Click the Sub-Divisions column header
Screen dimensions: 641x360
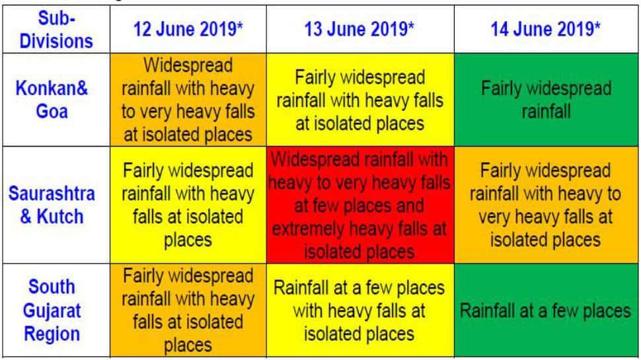(56, 30)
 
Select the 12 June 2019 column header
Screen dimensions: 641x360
(188, 30)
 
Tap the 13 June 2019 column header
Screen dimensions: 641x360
(359, 30)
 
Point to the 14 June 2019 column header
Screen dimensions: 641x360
(546, 30)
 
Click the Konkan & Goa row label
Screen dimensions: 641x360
(52, 100)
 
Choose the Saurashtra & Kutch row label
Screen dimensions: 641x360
(52, 205)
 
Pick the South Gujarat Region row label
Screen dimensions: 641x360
(52, 310)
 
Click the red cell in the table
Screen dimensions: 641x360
(360, 205)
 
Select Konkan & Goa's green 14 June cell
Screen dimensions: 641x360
(546, 100)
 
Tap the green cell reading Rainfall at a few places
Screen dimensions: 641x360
(546, 310)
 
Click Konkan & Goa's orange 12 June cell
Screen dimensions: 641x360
(188, 100)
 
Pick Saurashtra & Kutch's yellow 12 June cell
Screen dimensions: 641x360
(188, 205)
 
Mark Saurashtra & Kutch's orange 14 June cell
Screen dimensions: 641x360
(546, 205)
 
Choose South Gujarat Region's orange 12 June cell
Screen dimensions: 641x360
(188, 310)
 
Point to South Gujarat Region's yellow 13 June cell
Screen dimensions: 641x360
(360, 310)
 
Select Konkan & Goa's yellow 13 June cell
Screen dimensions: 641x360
(360, 100)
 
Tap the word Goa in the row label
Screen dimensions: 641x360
(52, 112)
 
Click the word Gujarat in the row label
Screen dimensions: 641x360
(52, 311)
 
